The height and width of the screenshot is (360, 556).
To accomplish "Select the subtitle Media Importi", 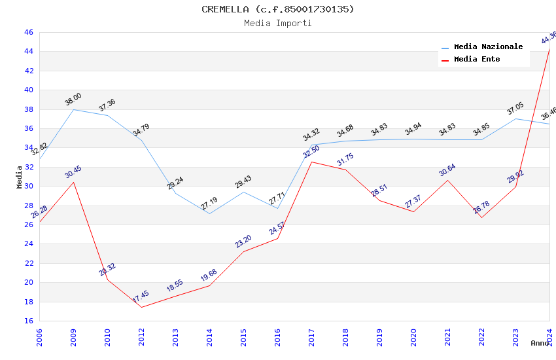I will tap(277, 23).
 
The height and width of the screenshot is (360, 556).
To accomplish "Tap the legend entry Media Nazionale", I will tap(488, 46).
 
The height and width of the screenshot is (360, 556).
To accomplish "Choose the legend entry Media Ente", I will tap(477, 59).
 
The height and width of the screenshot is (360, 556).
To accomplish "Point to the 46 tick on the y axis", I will tap(28, 32).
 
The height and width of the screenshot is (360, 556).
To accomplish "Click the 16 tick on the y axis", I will tap(28, 321).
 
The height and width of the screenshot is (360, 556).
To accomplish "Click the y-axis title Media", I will tap(20, 177).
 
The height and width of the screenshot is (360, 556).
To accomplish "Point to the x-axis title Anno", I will tap(540, 343).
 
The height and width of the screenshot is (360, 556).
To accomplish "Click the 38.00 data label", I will tap(73, 99).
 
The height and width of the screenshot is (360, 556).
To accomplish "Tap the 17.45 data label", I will tap(141, 297).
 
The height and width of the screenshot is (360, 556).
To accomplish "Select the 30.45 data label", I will tap(73, 172).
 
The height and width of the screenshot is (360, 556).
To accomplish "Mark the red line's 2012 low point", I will tap(141, 307).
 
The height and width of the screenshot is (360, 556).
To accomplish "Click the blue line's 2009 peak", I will tap(73, 109).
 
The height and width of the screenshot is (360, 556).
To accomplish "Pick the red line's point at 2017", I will tap(311, 162).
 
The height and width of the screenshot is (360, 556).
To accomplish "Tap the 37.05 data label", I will tap(515, 109).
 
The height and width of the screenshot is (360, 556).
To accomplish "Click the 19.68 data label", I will tap(209, 276).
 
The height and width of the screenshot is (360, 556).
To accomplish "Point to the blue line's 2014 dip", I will tap(209, 213).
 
